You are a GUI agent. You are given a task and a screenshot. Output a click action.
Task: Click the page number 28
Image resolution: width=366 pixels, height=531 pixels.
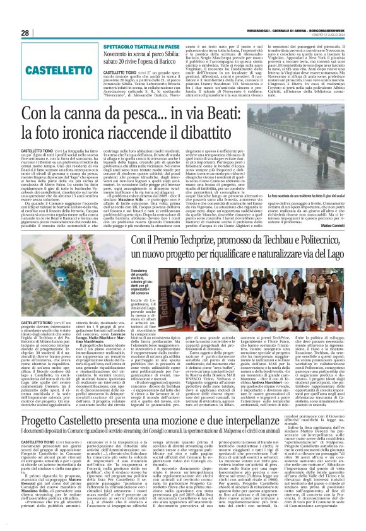coord(25,33)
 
